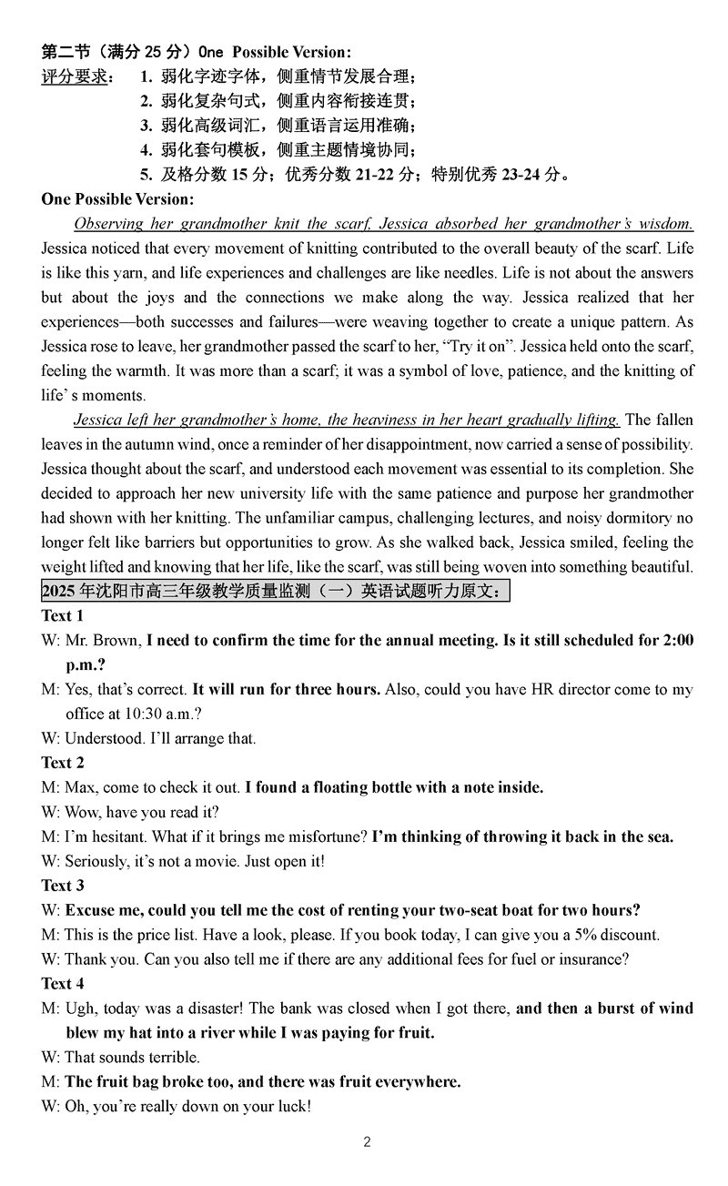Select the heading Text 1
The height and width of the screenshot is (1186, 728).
tap(63, 616)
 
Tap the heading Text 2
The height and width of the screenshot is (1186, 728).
tap(63, 763)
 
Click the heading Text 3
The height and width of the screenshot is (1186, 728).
tap(63, 886)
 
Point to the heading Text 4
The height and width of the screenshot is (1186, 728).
tap(63, 984)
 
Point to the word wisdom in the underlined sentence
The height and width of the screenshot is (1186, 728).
tap(662, 224)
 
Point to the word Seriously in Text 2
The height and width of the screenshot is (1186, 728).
tap(96, 861)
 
